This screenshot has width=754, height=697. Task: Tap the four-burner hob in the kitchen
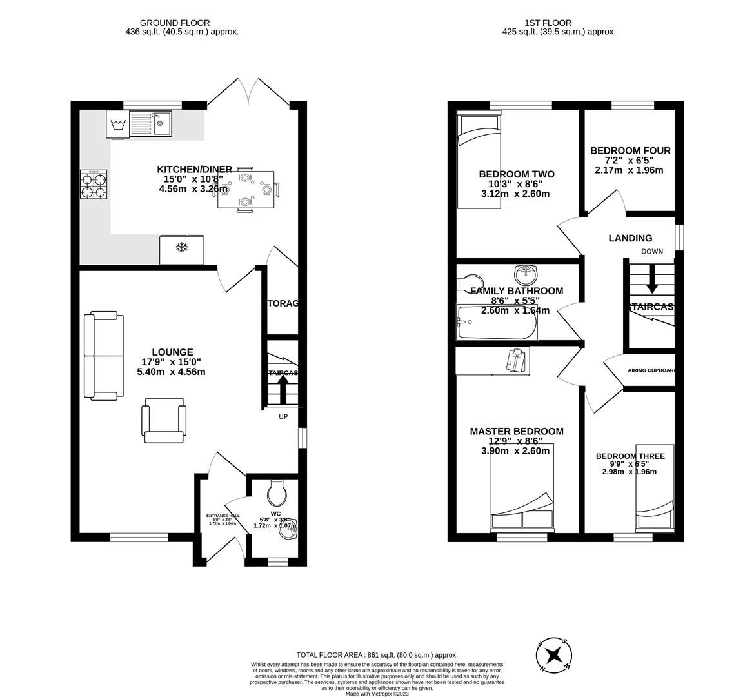pyautogui.click(x=94, y=185)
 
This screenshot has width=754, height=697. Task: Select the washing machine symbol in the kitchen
pyautogui.click(x=117, y=125)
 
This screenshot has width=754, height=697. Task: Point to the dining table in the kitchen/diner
pyautogui.click(x=246, y=190)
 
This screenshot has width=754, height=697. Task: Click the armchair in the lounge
pyautogui.click(x=164, y=420)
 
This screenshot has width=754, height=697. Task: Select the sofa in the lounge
pyautogui.click(x=104, y=354)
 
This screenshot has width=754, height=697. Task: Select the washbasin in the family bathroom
pyautogui.click(x=526, y=274)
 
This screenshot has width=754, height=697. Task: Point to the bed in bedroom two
pyautogui.click(x=481, y=159)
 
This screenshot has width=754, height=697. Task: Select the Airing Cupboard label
pyautogui.click(x=651, y=370)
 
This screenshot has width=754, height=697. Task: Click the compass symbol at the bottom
pyautogui.click(x=553, y=656)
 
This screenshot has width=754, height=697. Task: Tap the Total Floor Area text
pyautogui.click(x=377, y=654)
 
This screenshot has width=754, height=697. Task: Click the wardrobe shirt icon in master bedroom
pyautogui.click(x=517, y=360)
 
